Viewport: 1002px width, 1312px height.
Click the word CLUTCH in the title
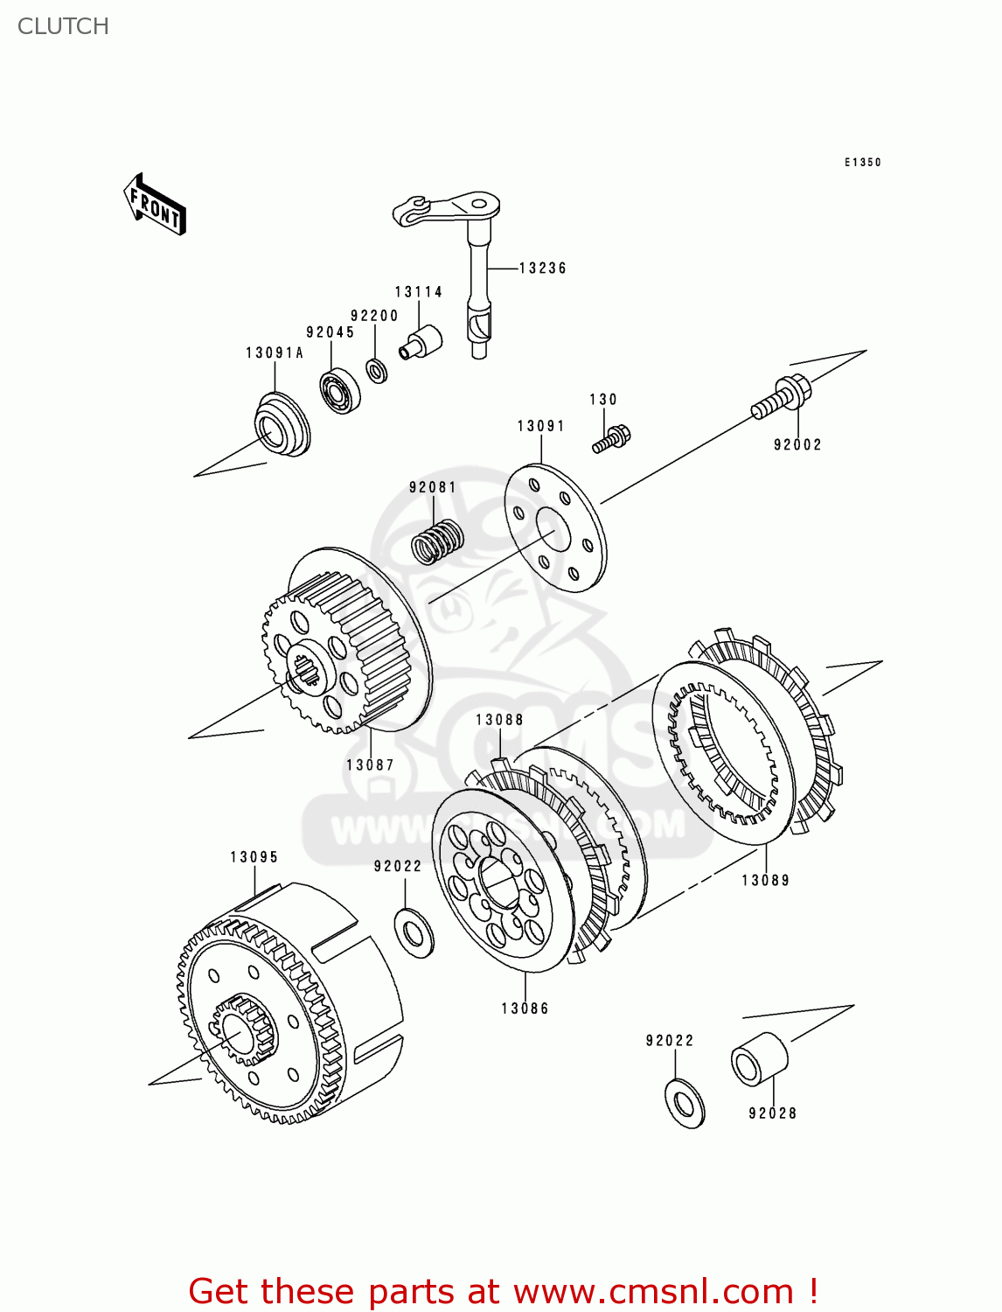63,26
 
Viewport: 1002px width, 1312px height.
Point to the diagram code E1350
862,163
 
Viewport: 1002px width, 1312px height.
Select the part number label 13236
542,269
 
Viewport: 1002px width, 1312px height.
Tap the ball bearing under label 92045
340,391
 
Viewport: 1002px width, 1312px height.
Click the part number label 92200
374,316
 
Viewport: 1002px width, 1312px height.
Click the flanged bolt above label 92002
781,398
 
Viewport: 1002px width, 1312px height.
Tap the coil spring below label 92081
437,541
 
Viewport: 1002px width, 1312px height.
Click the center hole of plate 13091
547,530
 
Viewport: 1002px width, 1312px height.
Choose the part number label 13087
370,765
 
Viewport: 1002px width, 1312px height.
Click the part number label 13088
499,720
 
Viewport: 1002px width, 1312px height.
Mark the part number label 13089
765,881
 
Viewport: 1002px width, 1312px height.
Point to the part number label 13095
254,857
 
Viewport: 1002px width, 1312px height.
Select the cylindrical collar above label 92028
759,1059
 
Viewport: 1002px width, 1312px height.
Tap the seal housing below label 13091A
282,424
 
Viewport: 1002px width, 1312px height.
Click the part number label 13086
525,1008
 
